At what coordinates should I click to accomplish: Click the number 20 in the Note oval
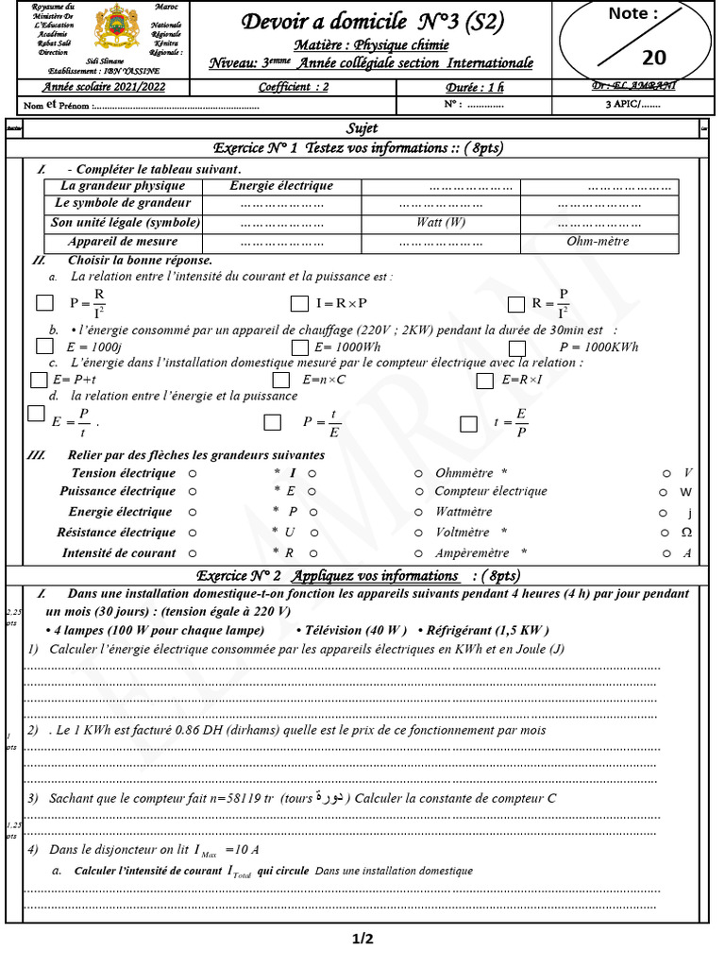(653, 58)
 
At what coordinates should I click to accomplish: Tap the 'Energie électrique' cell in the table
(281, 186)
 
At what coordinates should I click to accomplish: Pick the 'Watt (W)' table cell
(441, 223)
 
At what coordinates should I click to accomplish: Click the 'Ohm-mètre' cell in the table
(598, 242)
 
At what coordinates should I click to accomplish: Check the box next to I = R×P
(299, 304)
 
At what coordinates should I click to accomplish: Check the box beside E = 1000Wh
(299, 347)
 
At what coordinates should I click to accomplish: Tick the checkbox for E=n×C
(280, 380)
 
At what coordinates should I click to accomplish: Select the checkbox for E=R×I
(485, 381)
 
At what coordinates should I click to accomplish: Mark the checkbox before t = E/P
(468, 424)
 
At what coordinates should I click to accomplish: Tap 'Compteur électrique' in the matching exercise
(490, 491)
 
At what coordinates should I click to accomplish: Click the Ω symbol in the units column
(686, 533)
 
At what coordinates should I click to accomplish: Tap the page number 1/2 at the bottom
(362, 939)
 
